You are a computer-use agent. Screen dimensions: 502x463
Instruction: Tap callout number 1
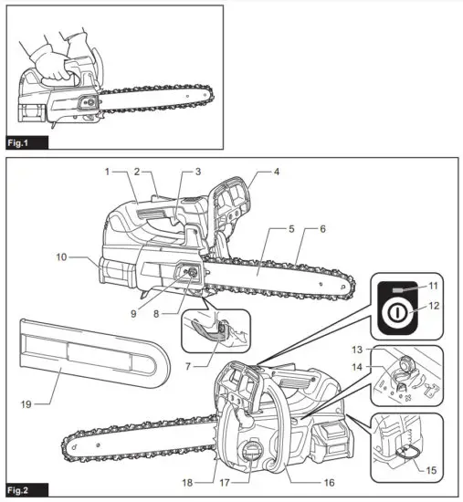point(107,171)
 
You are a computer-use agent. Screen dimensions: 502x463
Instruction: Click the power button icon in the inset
point(399,309)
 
